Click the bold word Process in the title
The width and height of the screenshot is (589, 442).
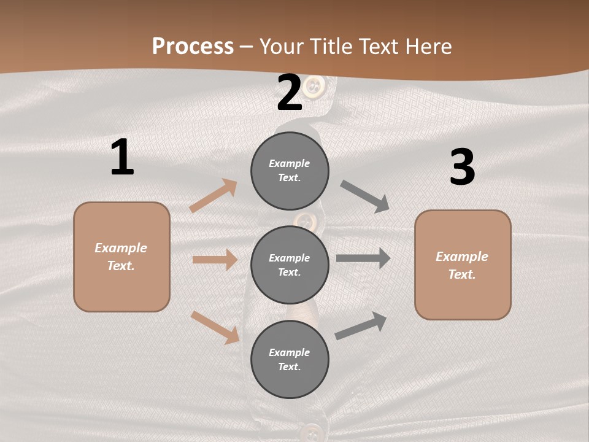point(193,46)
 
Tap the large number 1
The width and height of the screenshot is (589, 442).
point(122,157)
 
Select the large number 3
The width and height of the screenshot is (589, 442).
point(462,168)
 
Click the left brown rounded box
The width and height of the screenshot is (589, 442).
point(121,257)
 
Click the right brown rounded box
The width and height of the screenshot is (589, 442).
point(463,265)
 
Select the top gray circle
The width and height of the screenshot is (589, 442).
point(290,171)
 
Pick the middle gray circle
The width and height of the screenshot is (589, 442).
point(290,265)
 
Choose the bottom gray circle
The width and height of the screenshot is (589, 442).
point(290,359)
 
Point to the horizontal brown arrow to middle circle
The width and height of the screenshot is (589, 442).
point(215,260)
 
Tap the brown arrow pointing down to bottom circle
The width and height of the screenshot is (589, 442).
point(215,327)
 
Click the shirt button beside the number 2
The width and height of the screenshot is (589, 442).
point(314,86)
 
